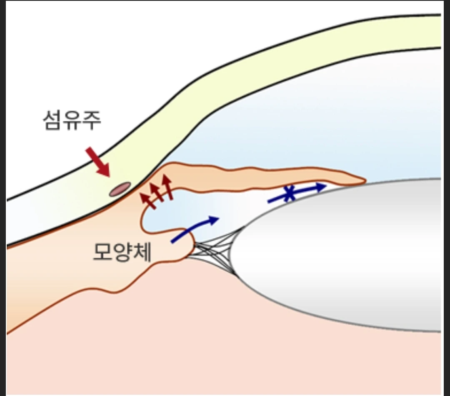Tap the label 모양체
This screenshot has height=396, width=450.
122,251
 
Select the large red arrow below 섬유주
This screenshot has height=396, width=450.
98,162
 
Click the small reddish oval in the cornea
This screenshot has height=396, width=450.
120,189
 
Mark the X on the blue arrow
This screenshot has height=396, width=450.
288,194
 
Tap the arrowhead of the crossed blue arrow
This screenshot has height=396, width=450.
321,187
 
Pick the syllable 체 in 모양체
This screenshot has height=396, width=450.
142,251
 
